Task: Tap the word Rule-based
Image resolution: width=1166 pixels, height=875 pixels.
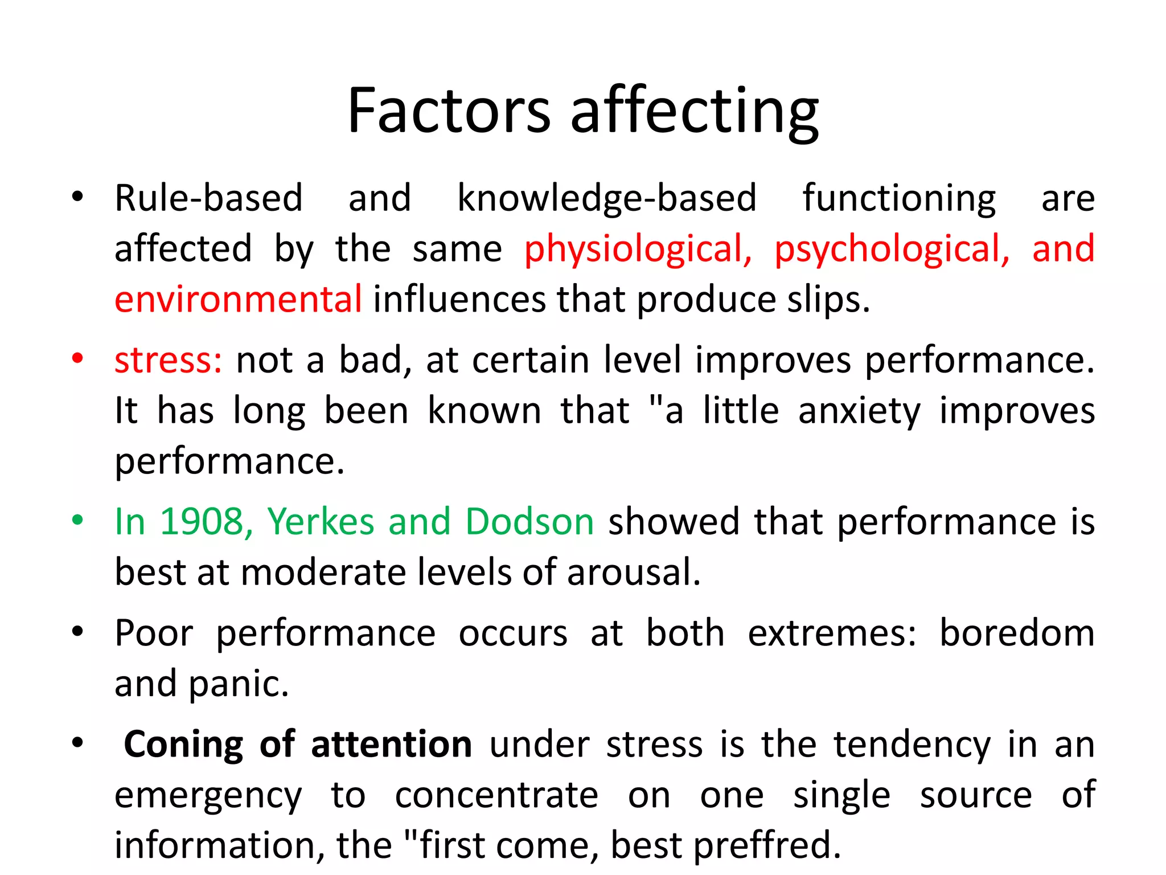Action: (x=208, y=198)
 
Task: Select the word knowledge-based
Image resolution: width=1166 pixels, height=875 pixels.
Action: (x=607, y=198)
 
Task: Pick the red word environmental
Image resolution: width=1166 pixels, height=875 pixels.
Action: (x=238, y=299)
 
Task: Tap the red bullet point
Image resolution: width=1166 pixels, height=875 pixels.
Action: (x=77, y=359)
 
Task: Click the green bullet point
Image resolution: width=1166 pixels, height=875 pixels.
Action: (x=77, y=521)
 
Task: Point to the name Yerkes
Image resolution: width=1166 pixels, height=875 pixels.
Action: (x=321, y=521)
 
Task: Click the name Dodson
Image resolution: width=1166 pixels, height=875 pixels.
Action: (x=529, y=521)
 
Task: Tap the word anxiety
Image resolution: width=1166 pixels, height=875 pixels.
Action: (x=859, y=411)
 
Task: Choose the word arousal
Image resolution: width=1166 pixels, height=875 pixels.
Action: (x=633, y=572)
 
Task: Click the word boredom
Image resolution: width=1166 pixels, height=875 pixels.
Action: (x=1017, y=633)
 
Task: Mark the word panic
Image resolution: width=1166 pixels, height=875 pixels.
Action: (x=238, y=684)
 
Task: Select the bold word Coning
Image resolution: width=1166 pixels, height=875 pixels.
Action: (x=183, y=744)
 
